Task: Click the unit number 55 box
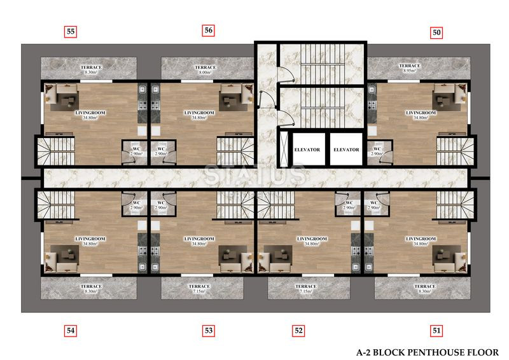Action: point(71,32)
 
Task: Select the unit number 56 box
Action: point(209,31)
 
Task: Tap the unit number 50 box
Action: point(436,32)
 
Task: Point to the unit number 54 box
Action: point(71,331)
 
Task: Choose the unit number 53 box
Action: point(209,331)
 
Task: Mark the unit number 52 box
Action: point(298,331)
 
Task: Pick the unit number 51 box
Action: point(436,331)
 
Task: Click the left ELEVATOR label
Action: point(307,149)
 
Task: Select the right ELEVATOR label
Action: point(346,149)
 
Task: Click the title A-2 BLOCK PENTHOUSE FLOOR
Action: point(428,352)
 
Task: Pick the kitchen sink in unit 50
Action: point(372,89)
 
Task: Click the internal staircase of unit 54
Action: point(56,205)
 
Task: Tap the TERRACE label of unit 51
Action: point(425,286)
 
